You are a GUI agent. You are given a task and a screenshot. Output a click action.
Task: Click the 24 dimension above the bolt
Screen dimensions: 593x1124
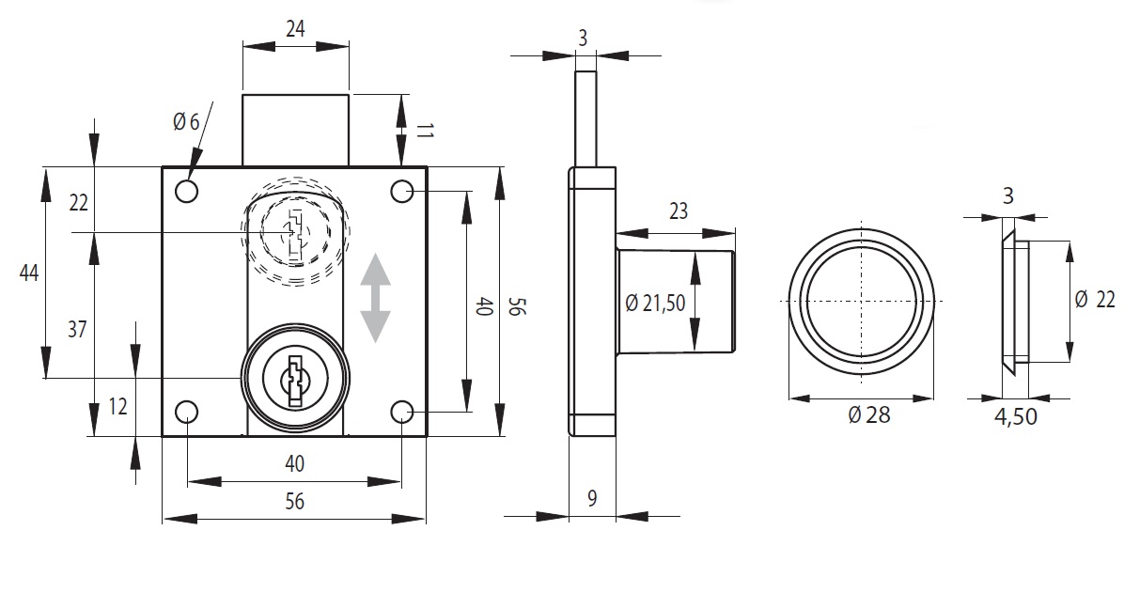(x=295, y=29)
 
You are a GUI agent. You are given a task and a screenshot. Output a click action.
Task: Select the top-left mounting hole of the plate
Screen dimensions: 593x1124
(x=186, y=192)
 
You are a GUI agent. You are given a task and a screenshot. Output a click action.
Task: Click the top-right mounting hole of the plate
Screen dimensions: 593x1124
(x=403, y=192)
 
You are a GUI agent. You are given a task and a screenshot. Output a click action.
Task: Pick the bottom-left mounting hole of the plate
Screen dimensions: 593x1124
(x=186, y=412)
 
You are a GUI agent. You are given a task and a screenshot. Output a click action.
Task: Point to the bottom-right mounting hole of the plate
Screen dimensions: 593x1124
(x=403, y=412)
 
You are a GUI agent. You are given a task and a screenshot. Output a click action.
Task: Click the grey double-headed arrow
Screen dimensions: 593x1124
(x=376, y=297)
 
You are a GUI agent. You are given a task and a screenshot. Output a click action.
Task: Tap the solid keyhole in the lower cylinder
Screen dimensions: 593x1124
(x=296, y=379)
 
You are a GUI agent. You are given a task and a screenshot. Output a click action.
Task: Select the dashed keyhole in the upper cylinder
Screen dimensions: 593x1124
(x=294, y=230)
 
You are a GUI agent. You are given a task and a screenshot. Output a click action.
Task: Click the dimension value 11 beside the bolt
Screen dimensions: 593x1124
(x=422, y=131)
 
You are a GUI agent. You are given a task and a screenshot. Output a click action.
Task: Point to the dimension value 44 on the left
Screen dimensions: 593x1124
(x=29, y=273)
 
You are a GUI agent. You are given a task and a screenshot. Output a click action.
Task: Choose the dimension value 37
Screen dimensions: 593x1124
(x=78, y=329)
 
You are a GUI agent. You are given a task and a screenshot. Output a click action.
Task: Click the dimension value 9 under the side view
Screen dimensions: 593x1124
(x=592, y=498)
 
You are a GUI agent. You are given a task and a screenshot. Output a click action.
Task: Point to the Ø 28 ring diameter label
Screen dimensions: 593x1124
(x=868, y=414)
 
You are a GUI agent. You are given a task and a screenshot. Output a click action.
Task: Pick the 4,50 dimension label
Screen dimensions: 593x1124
(x=1015, y=416)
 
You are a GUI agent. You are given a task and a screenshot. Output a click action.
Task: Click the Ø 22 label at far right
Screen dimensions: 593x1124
(x=1094, y=299)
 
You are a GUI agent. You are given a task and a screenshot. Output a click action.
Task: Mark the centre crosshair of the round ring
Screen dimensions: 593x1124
(x=862, y=301)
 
